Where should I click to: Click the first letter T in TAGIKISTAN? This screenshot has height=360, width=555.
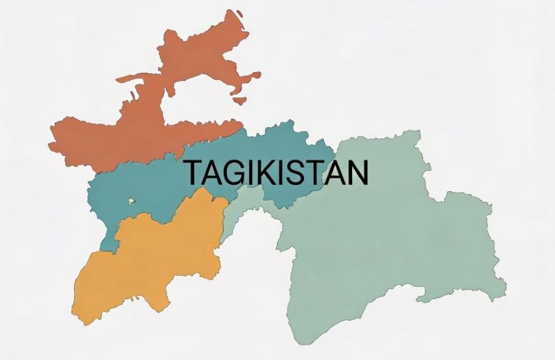[x=195, y=172]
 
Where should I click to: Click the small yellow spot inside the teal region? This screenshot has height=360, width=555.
[x=131, y=200]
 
